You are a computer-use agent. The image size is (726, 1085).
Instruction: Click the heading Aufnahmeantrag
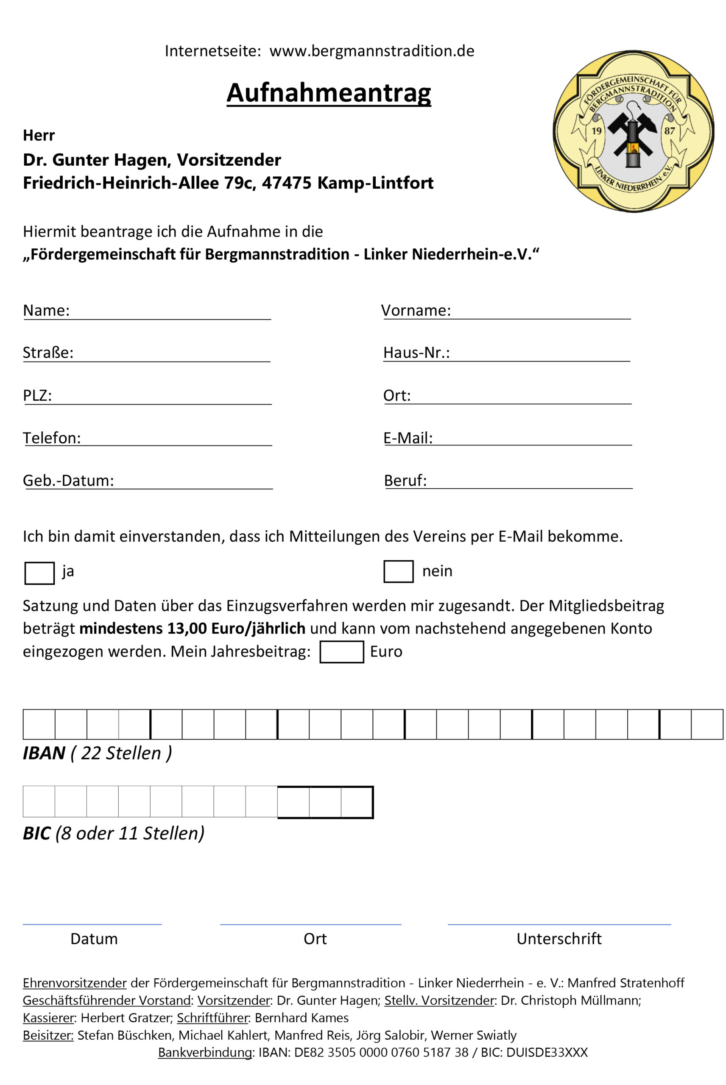click(328, 92)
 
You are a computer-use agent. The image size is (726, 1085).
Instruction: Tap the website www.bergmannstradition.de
click(372, 51)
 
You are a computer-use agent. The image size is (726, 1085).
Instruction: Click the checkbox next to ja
click(39, 573)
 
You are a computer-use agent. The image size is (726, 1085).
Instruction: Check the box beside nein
click(398, 571)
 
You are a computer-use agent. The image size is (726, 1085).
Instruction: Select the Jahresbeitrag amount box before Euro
click(341, 651)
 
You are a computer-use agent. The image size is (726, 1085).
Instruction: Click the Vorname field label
click(415, 310)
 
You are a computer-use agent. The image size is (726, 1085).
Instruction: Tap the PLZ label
click(37, 395)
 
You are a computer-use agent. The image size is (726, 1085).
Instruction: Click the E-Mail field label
click(408, 438)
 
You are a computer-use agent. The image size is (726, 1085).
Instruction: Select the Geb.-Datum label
click(68, 480)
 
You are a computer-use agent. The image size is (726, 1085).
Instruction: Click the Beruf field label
click(405, 480)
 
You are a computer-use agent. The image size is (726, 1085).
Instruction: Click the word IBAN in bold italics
click(44, 753)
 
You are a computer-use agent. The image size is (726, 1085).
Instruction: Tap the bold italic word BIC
click(36, 833)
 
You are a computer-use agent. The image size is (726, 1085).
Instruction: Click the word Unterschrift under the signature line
click(559, 939)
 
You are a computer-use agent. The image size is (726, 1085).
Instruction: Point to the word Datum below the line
click(94, 939)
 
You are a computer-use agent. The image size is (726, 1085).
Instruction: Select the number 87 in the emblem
click(670, 131)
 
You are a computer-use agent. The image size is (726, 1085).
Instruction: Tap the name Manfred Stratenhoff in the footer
click(625, 983)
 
